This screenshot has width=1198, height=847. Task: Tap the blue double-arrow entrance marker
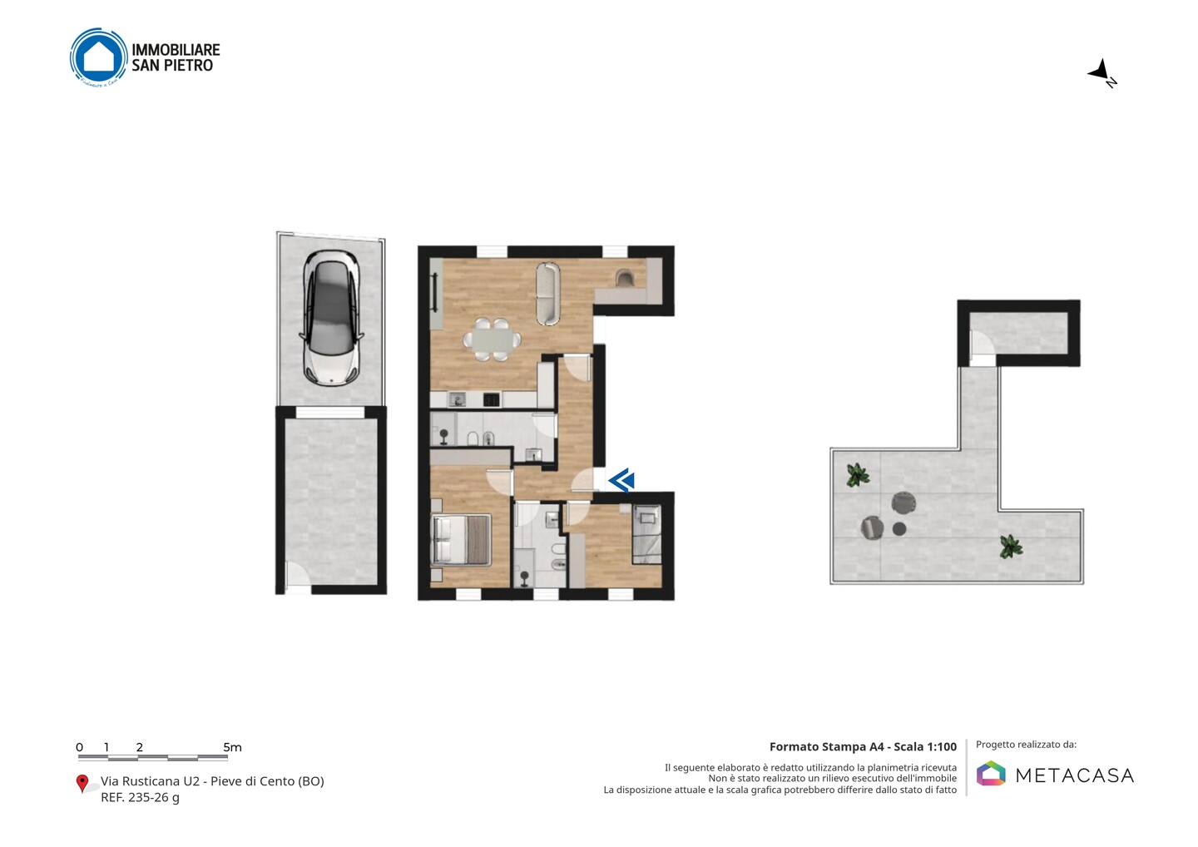point(621,479)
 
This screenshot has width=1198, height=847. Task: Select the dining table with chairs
point(492,339)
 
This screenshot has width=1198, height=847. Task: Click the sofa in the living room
point(548,293)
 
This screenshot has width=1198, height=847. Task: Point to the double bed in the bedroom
point(461,539)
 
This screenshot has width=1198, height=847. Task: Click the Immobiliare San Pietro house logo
point(98,57)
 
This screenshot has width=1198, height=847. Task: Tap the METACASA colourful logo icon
point(991,773)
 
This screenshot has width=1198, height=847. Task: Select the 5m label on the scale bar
point(232,747)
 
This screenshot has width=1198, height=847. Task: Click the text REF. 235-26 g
point(140,797)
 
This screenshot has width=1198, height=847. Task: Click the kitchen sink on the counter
point(456,399)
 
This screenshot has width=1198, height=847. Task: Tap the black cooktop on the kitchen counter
point(492,399)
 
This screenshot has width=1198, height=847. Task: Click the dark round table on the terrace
point(899,529)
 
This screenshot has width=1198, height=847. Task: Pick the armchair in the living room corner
point(625,278)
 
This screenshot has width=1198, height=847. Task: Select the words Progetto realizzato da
point(1026,745)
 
